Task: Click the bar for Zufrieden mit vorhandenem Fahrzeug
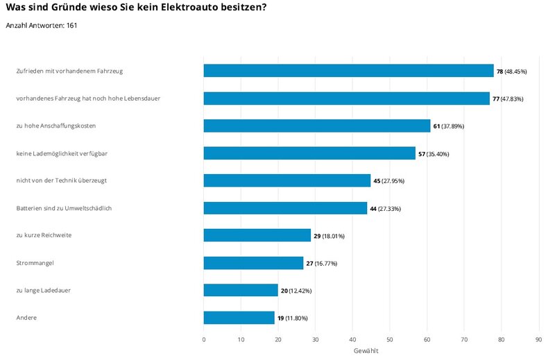click(x=348, y=71)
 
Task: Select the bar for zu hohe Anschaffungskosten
click(x=316, y=126)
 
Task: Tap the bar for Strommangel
click(x=253, y=263)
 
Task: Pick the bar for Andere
click(x=239, y=318)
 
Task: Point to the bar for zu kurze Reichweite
click(x=257, y=236)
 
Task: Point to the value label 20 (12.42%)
click(x=297, y=291)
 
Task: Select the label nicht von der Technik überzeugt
click(x=61, y=180)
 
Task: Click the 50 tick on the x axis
click(x=390, y=339)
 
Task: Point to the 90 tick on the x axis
click(x=538, y=339)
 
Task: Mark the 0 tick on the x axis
click(x=204, y=339)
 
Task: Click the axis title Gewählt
click(x=366, y=351)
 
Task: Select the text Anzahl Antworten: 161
click(x=41, y=26)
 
